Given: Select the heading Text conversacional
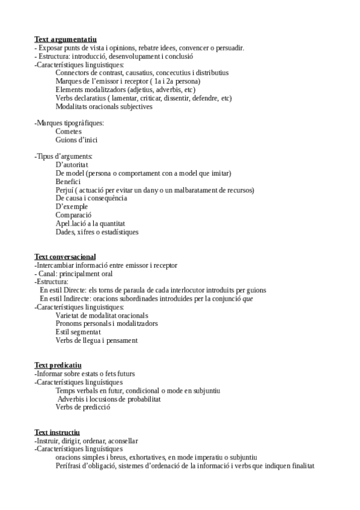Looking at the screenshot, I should [x=65, y=257].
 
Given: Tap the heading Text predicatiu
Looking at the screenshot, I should [x=58, y=365].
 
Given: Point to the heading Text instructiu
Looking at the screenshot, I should [x=57, y=432].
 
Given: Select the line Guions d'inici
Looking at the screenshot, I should [x=76, y=140].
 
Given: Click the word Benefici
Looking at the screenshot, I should [x=68, y=182].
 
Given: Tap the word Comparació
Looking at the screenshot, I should [x=73, y=215].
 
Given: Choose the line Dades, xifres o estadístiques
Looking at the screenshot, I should [x=97, y=232].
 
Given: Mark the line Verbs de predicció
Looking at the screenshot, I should [x=83, y=407].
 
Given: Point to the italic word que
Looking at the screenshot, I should [x=246, y=298].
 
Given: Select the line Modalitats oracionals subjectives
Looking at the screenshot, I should [x=103, y=106].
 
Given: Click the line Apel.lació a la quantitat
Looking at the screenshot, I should [x=90, y=224].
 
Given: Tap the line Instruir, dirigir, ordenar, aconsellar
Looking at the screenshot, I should [x=87, y=441].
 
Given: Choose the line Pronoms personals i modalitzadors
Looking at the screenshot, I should [x=99, y=324].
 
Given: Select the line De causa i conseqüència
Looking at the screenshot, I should [x=91, y=198].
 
